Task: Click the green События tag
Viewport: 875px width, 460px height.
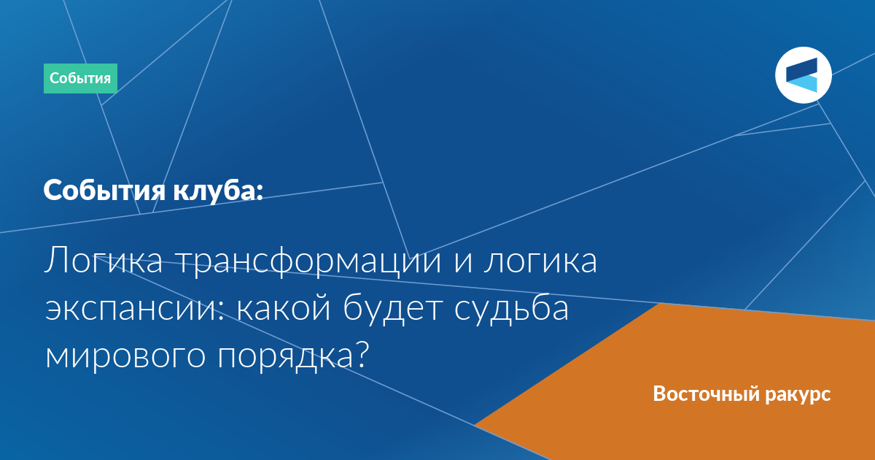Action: point(80,79)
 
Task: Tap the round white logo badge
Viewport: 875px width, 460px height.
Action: point(803,75)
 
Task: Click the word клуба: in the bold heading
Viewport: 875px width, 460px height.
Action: point(218,191)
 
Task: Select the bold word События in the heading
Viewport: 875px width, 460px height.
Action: point(104,191)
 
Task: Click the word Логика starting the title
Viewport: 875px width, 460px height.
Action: point(104,261)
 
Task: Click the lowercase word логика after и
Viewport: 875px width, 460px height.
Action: point(540,261)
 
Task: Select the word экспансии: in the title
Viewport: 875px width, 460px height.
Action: point(135,309)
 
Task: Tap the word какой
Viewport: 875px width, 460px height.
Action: point(284,307)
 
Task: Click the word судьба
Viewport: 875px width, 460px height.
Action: point(511,309)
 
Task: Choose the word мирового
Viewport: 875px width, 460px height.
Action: point(125,357)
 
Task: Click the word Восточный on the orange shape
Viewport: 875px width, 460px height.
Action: point(707,394)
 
